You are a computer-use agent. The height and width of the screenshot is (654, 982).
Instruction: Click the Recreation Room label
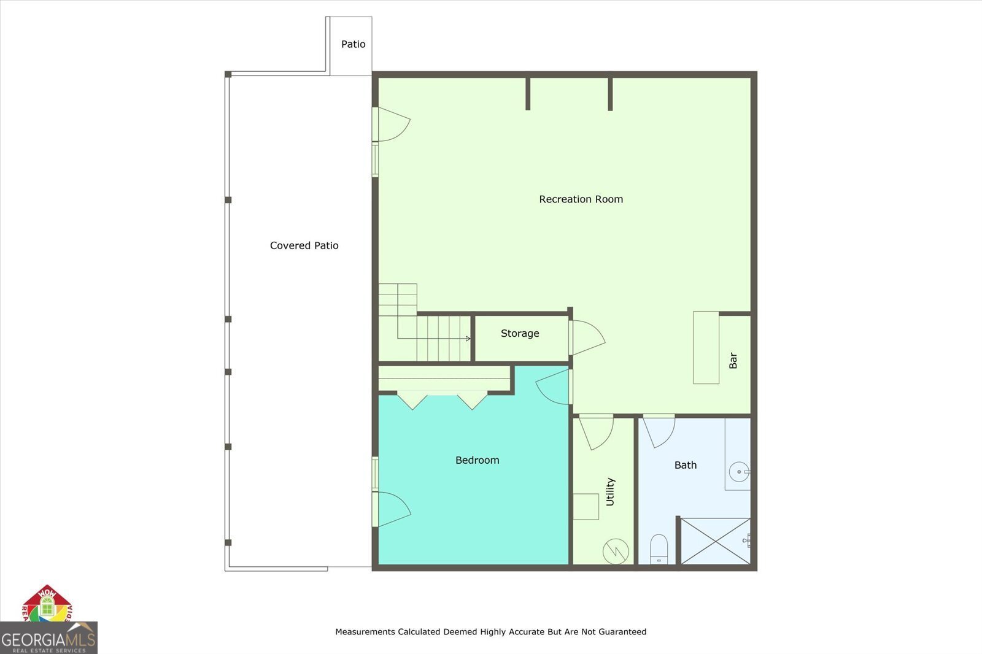tap(581, 199)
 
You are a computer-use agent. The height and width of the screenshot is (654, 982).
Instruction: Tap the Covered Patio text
tap(304, 245)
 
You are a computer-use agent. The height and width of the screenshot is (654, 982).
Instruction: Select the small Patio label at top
tap(353, 44)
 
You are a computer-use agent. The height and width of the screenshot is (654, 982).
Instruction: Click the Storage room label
tap(520, 333)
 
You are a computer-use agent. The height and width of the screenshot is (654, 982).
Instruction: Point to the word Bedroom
tap(477, 460)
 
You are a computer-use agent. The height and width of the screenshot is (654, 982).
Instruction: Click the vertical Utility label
tap(610, 491)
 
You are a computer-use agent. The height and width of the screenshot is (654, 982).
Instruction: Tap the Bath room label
tap(685, 465)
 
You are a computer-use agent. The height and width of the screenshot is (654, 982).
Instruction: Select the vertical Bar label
tap(733, 361)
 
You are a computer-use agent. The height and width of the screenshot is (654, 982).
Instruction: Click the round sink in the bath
tap(739, 472)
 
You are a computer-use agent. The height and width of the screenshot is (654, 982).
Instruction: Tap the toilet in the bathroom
tap(659, 548)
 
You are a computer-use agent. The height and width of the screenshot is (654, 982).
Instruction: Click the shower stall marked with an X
tap(715, 541)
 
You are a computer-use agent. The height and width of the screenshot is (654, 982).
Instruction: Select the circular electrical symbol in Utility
tap(616, 551)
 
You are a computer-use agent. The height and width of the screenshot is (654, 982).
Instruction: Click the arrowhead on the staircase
tap(468, 339)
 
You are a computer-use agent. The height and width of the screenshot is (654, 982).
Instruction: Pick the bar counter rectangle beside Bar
tap(706, 348)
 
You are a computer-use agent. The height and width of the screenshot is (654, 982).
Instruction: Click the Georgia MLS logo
tap(48, 638)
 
